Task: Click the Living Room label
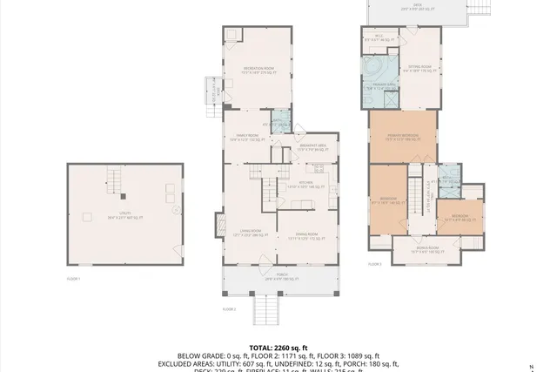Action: [x=252, y=233]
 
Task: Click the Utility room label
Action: [x=124, y=216]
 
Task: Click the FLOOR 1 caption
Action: [x=73, y=279]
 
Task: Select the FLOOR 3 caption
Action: [x=374, y=264]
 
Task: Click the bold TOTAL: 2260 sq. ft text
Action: [x=278, y=347]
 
